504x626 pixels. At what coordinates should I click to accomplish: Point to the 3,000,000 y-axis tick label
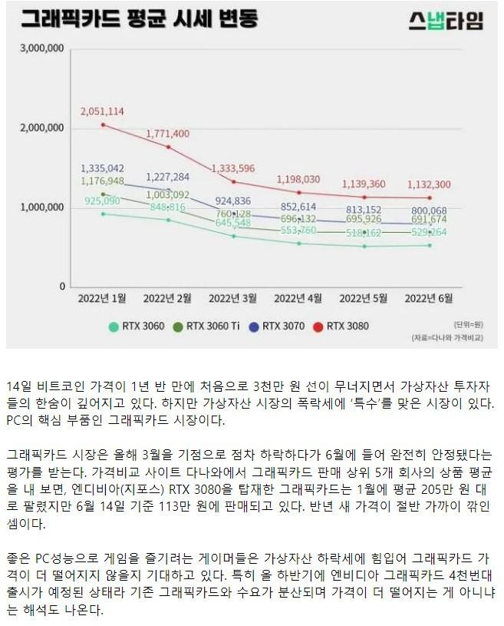[x=39, y=48]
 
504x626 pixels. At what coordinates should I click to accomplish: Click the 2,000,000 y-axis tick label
[x=39, y=128]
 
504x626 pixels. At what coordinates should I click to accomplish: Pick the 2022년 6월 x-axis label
[x=428, y=296]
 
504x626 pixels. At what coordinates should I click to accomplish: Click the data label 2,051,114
[x=102, y=111]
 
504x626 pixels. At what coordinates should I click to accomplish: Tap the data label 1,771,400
[x=167, y=133]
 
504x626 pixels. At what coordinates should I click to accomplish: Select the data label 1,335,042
[x=102, y=167]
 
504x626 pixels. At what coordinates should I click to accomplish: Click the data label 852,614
[x=298, y=207]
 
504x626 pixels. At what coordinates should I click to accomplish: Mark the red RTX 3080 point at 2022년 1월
[x=104, y=124]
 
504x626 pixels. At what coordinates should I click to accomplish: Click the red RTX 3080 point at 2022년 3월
[x=234, y=181]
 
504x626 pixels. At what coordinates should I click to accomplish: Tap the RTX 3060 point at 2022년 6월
[x=429, y=245]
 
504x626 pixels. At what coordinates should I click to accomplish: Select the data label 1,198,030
[x=298, y=179]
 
